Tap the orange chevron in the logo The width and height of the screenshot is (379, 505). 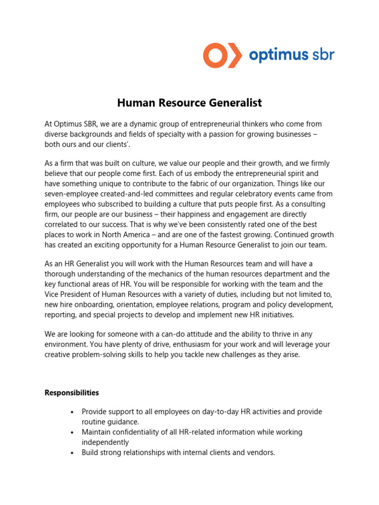234,55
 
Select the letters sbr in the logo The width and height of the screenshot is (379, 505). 322,54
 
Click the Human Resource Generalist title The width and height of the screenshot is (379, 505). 189,103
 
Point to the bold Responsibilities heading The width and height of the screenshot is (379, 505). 72,393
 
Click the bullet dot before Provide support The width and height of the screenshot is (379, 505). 72,412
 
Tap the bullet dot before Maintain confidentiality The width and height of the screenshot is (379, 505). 72,433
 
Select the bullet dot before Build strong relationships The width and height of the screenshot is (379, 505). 72,453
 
